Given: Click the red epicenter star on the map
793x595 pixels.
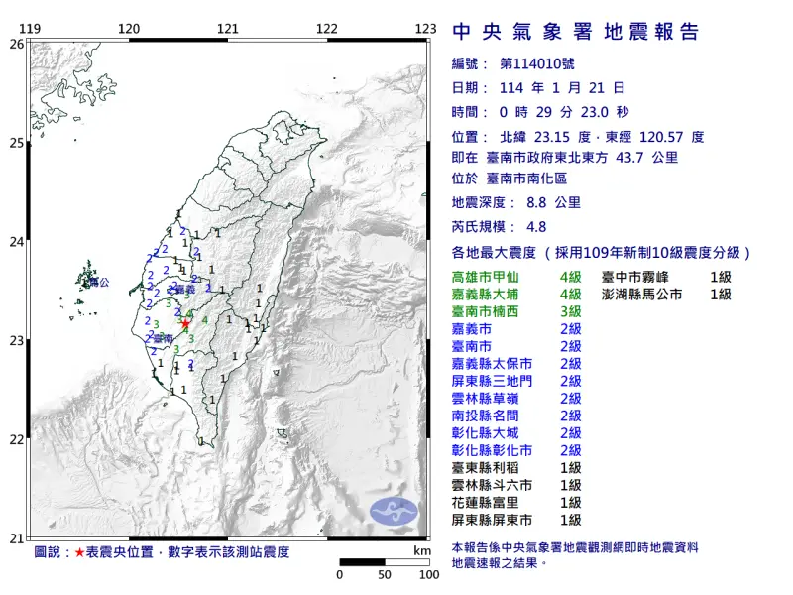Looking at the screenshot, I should point(184,323).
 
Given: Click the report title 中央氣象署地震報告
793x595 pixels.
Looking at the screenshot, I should point(576,32).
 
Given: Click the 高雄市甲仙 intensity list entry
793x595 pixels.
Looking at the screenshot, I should point(488,277).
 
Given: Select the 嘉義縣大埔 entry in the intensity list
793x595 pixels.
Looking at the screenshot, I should point(488,295).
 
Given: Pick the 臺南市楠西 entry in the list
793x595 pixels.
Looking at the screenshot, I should point(488,311).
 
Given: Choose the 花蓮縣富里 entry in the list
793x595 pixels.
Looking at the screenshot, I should point(488,502).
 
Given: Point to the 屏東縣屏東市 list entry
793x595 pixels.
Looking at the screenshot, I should point(495,520).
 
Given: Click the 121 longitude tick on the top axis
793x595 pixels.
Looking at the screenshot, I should point(228,29).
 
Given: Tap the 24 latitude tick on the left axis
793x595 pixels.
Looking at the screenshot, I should point(16,242).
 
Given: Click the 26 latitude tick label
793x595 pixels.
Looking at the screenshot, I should point(16,45).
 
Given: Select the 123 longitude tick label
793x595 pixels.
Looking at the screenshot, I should point(426,29).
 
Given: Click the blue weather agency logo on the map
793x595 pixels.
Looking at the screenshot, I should point(395,511).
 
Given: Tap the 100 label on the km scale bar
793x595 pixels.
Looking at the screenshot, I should point(428,574).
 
